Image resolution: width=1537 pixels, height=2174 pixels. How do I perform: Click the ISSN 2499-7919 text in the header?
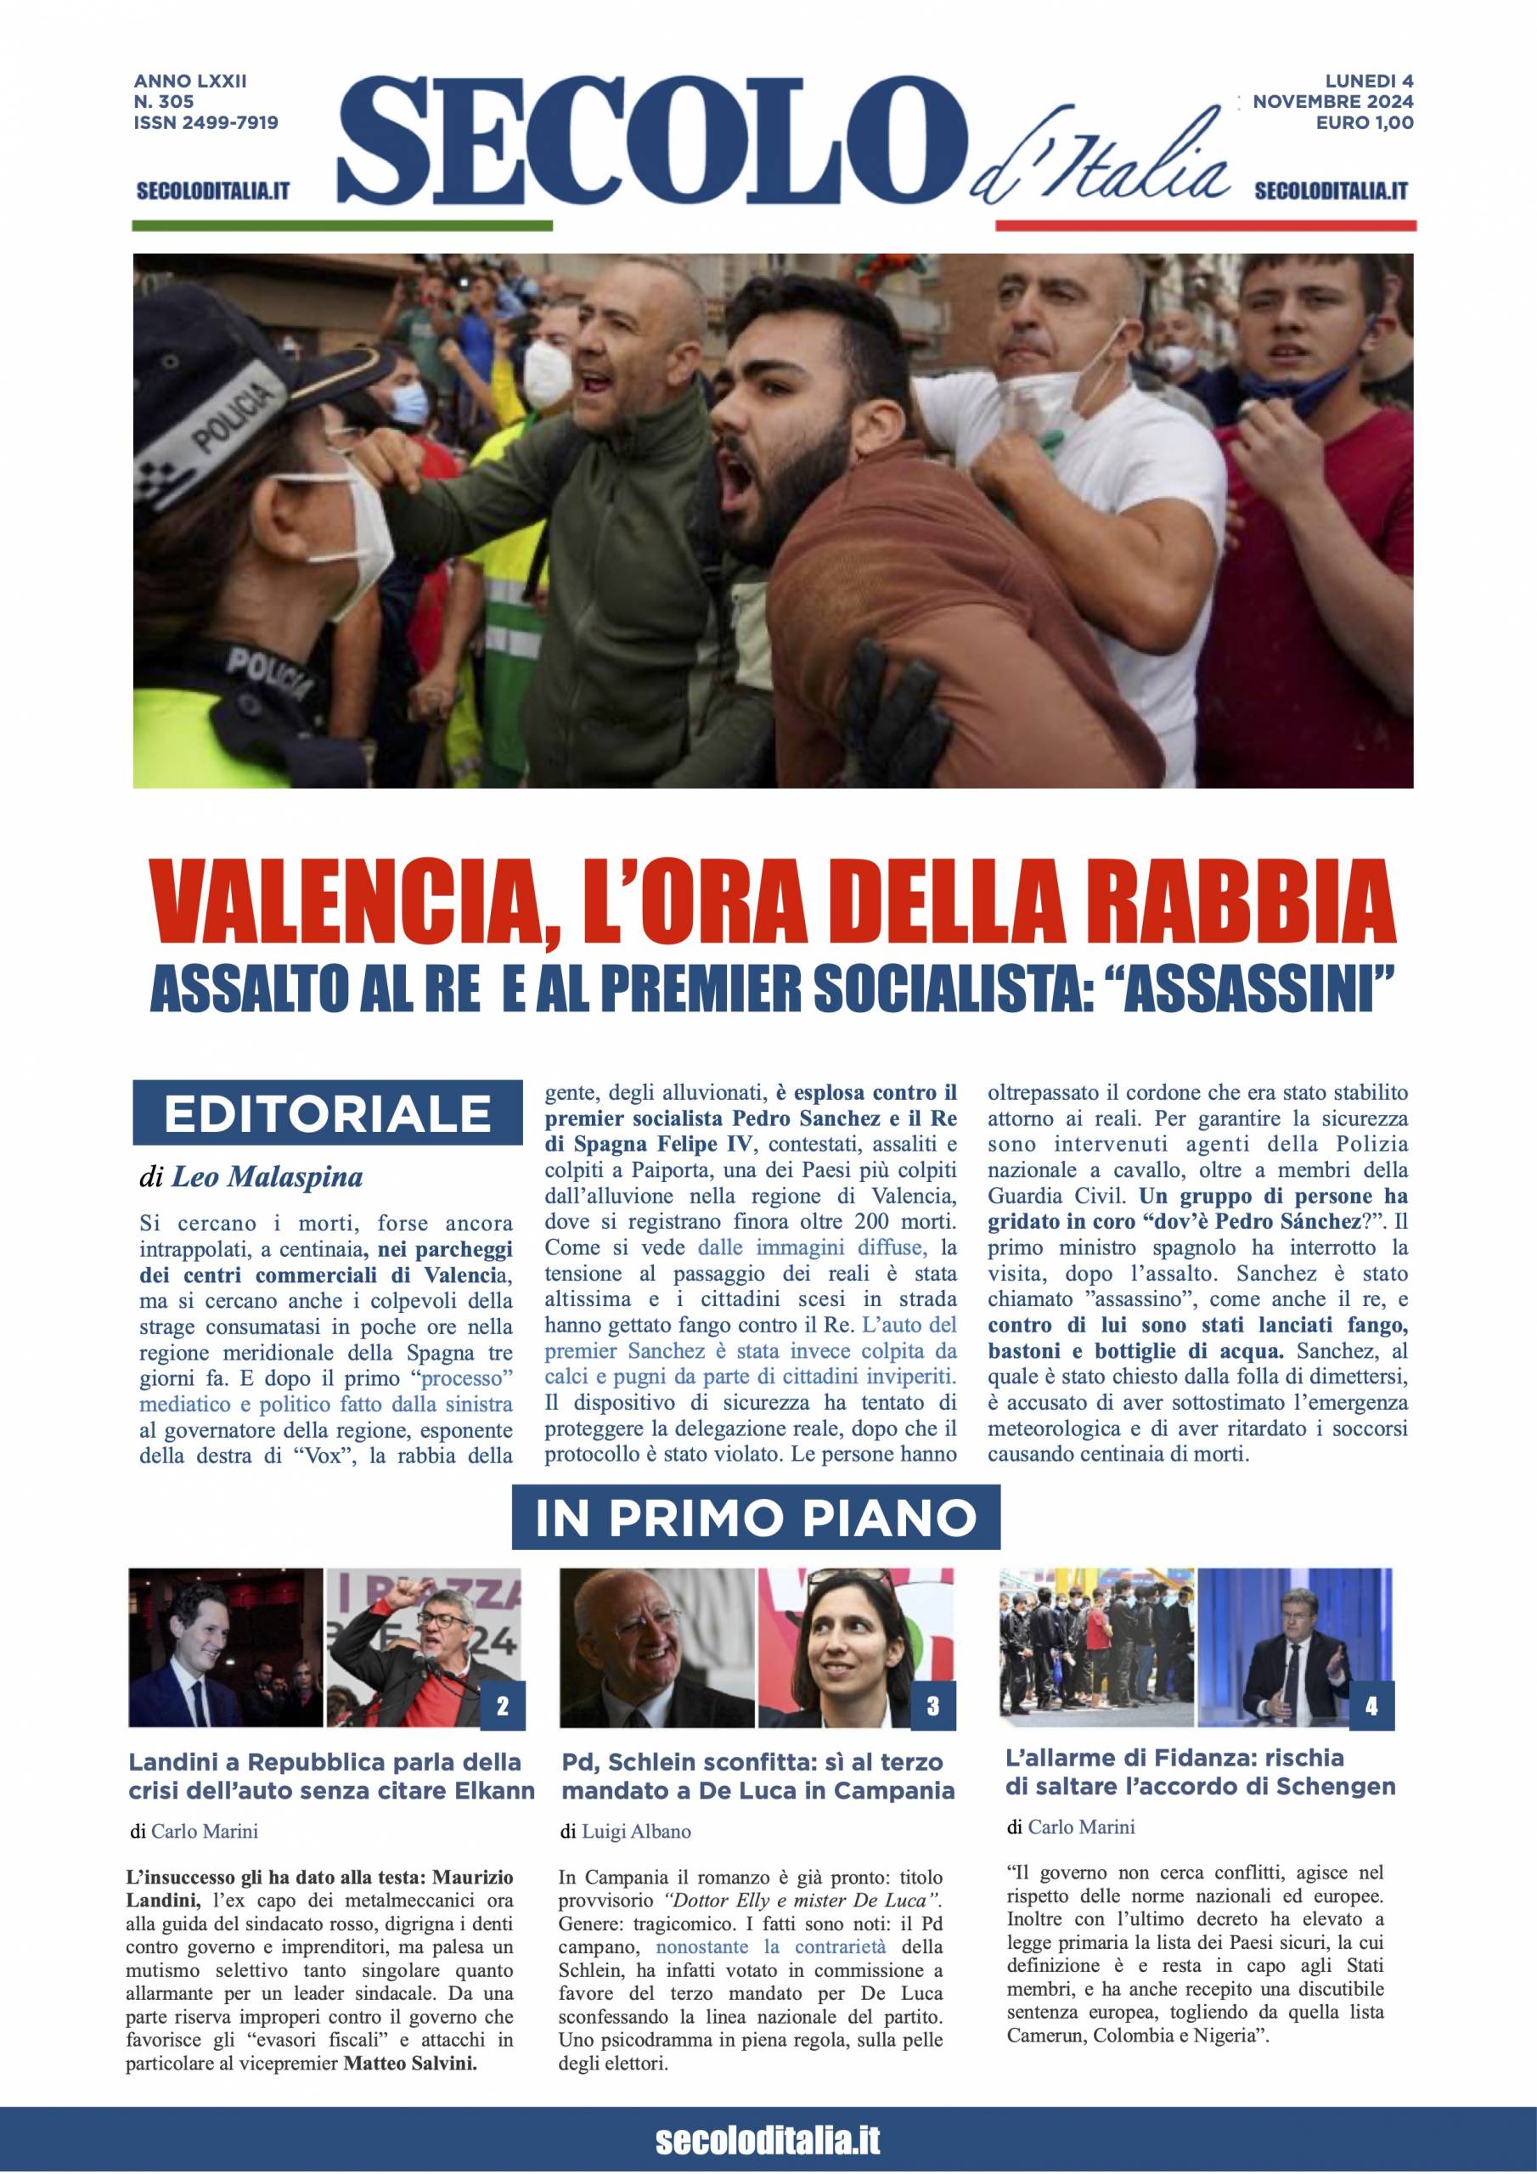click(205, 122)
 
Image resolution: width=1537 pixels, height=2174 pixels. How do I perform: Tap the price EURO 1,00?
click(1365, 122)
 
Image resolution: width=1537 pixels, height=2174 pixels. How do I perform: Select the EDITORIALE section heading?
click(328, 1114)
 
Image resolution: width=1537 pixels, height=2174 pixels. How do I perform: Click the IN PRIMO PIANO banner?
click(756, 1518)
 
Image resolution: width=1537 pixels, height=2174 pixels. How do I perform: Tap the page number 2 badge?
click(502, 1707)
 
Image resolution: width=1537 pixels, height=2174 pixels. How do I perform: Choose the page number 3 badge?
click(932, 1707)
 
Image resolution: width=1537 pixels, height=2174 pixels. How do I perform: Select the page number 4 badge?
click(1371, 1707)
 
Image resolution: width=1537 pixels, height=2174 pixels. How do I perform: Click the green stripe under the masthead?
click(342, 225)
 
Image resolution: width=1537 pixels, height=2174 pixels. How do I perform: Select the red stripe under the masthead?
click(1205, 225)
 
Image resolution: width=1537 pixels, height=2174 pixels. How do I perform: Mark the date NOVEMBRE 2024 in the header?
click(1332, 102)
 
